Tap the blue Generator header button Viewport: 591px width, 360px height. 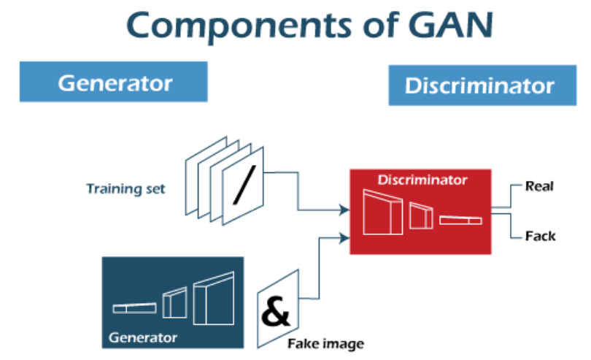click(115, 82)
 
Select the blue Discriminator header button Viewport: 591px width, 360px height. click(479, 85)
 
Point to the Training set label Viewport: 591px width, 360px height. click(125, 189)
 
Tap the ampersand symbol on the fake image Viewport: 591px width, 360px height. click(275, 311)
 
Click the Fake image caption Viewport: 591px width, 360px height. click(325, 343)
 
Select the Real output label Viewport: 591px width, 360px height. click(539, 186)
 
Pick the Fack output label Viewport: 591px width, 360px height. click(540, 235)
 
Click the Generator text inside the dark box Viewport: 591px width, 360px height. click(142, 337)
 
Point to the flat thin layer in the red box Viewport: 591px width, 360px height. click(460, 219)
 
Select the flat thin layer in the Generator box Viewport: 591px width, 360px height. click(134, 307)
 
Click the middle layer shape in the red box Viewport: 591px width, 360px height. click(421, 216)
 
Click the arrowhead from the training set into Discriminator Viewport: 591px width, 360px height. click(344, 210)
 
